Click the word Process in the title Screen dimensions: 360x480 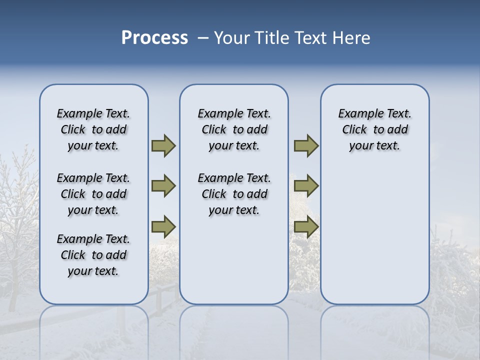(x=154, y=37)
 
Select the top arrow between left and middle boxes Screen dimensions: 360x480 (x=163, y=146)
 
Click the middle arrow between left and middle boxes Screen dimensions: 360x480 (x=163, y=186)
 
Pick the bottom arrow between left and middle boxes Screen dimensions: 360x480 (x=163, y=227)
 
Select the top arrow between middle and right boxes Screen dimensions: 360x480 (x=306, y=146)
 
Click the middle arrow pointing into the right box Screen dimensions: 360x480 (x=306, y=186)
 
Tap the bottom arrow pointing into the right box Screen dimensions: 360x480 (x=306, y=227)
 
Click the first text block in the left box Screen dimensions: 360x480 (x=93, y=129)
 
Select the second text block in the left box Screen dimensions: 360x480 (x=93, y=194)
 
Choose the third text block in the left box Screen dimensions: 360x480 (x=93, y=255)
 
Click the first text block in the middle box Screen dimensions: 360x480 (x=234, y=129)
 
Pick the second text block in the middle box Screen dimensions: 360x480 (x=234, y=194)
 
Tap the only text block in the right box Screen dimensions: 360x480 (x=375, y=129)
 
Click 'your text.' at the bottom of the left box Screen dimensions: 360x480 (x=93, y=271)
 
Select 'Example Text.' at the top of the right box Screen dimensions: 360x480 (x=375, y=113)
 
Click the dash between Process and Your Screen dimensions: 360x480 (x=203, y=38)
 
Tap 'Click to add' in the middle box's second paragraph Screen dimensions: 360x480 (x=234, y=194)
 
